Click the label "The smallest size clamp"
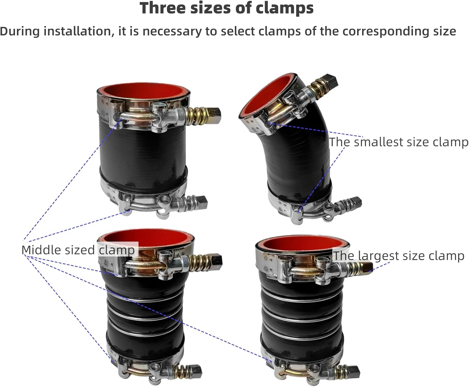[x=398, y=142]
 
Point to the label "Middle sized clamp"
[x=78, y=250]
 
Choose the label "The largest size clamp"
[x=398, y=256]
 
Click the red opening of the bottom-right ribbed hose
[x=302, y=244]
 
